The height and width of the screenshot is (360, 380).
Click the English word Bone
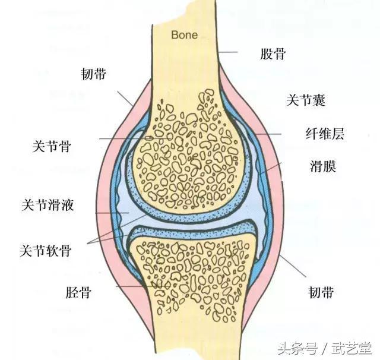[x=185, y=35]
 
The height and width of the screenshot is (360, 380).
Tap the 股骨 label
[x=273, y=53]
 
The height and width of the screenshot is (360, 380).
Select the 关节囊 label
[x=306, y=100]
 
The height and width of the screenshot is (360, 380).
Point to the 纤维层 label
[x=325, y=134]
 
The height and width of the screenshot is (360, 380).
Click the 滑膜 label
[x=323, y=166]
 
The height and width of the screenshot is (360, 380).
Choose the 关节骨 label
[x=52, y=146]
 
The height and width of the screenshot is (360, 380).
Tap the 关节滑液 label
[x=47, y=205]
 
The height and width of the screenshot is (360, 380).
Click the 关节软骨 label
[x=46, y=251]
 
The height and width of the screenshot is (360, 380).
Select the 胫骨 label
[x=78, y=292]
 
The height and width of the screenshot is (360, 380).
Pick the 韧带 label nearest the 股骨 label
[x=93, y=74]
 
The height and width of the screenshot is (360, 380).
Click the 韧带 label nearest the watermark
[x=321, y=292]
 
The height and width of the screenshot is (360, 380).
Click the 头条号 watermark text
[x=297, y=348]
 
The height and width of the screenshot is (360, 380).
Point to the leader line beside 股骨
[x=227, y=52]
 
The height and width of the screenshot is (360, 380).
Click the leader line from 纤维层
[x=266, y=134]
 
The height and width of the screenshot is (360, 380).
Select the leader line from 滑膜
[x=271, y=169]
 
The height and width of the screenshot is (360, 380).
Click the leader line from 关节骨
[x=134, y=138]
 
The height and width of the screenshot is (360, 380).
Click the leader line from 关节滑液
[x=112, y=213]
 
